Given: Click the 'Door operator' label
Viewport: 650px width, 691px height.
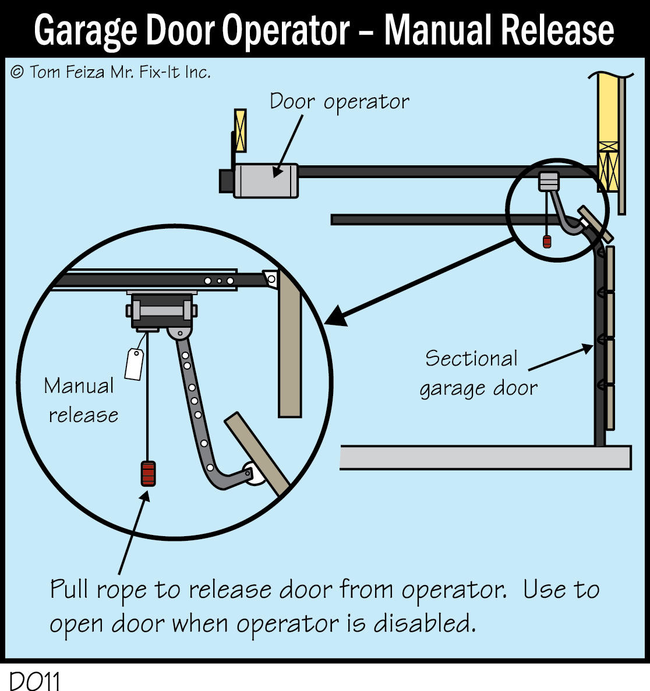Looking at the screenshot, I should [339, 102].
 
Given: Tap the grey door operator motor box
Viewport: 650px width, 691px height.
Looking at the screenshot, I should [266, 180].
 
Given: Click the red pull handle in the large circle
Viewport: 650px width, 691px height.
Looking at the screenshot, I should [148, 473].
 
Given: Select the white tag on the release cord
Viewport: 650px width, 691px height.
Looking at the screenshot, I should [135, 364].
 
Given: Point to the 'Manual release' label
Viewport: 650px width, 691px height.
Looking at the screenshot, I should [82, 401].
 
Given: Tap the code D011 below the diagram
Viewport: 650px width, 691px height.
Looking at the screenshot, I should [35, 681].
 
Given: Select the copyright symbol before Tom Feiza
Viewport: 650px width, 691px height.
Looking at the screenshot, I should [17, 72].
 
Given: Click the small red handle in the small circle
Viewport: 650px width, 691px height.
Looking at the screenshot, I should [547, 242].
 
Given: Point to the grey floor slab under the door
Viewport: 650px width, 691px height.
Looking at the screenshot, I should [485, 458].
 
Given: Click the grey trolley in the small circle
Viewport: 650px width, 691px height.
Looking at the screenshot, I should [549, 181].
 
